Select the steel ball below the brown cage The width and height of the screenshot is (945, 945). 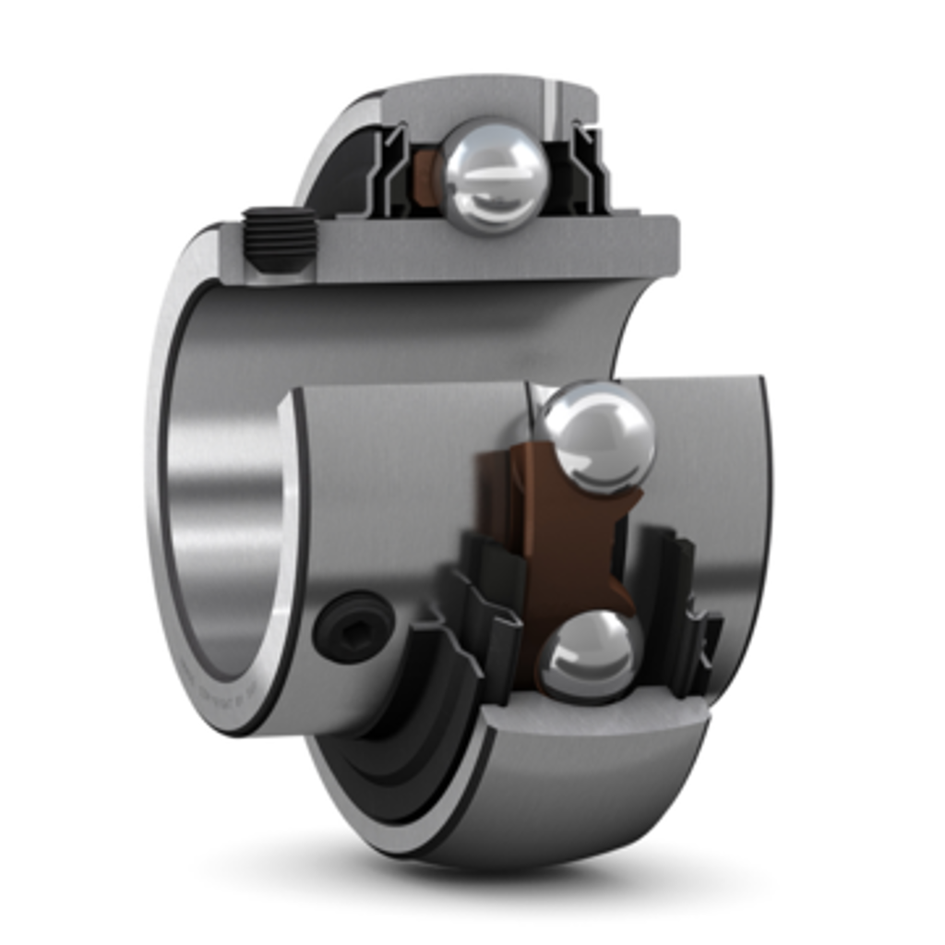(591, 653)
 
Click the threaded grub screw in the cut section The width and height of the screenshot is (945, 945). (279, 237)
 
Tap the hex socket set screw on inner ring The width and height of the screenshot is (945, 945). (353, 628)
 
